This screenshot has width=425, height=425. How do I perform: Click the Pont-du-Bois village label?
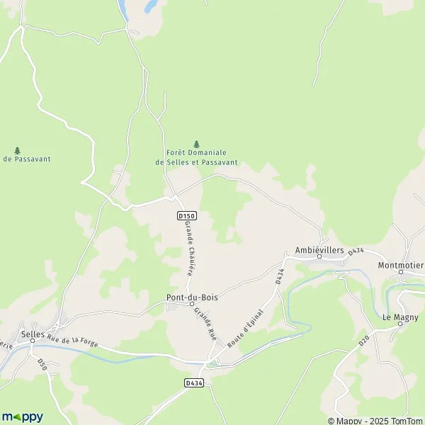(192, 297)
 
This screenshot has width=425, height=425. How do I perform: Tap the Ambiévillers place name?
(319, 250)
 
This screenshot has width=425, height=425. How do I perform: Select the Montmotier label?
(401, 265)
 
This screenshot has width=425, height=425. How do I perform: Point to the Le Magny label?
(400, 317)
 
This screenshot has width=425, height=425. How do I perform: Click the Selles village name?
(33, 334)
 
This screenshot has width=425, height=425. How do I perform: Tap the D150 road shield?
(186, 216)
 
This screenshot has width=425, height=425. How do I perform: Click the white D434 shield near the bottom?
(193, 382)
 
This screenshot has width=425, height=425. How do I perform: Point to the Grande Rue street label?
(206, 325)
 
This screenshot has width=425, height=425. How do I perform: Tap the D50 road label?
(42, 364)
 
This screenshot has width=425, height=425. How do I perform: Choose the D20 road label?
(364, 341)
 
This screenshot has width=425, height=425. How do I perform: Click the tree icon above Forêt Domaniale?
(196, 144)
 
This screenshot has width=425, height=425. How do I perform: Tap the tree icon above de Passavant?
(17, 149)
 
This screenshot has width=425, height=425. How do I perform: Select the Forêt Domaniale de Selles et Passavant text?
(196, 157)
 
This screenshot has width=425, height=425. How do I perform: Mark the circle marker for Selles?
(32, 343)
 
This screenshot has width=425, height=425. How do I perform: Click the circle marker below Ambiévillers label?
(319, 257)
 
